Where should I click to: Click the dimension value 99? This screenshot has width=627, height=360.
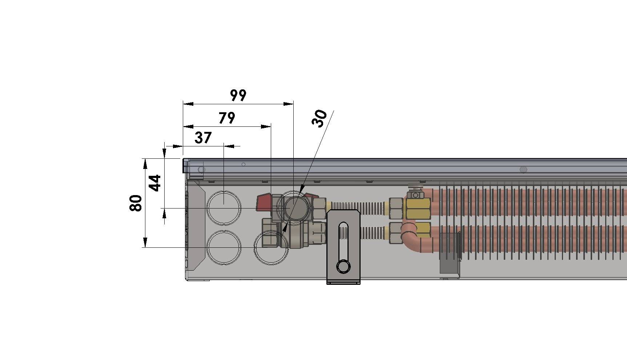(x=238, y=95)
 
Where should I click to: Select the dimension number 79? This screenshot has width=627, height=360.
(x=227, y=118)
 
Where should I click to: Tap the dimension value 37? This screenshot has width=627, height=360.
(x=203, y=138)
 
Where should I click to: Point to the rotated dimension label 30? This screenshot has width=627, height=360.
(x=319, y=118)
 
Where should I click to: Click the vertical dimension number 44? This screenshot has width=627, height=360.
(x=155, y=183)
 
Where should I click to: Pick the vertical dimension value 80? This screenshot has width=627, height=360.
(x=136, y=203)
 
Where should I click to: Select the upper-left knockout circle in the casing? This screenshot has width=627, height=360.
(x=224, y=207)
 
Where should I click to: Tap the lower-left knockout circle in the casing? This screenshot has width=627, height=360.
(x=224, y=247)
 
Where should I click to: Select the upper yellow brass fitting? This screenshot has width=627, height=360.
(x=418, y=209)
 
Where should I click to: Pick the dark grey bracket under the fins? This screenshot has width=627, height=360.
(x=450, y=252)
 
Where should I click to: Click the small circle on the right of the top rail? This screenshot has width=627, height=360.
(x=523, y=170)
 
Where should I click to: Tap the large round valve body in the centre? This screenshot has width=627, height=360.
(x=294, y=207)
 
